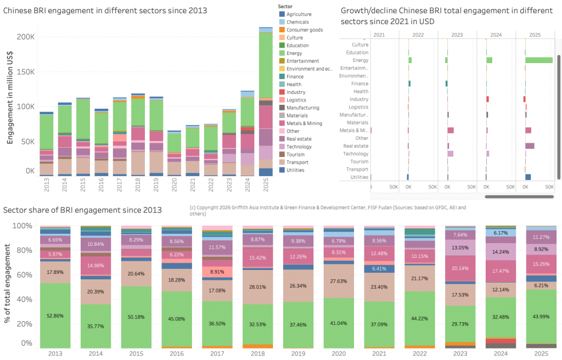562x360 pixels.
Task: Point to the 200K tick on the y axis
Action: tap(25, 37)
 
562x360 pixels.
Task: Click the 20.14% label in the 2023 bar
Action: tap(460, 269)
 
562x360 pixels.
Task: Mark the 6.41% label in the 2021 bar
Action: tap(379, 269)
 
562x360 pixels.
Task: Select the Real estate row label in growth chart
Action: tap(355, 146)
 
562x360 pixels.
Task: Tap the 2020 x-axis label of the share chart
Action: tap(339, 355)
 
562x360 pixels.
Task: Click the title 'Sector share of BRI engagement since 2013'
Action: tap(82, 210)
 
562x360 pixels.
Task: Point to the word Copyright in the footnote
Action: tap(211, 208)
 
